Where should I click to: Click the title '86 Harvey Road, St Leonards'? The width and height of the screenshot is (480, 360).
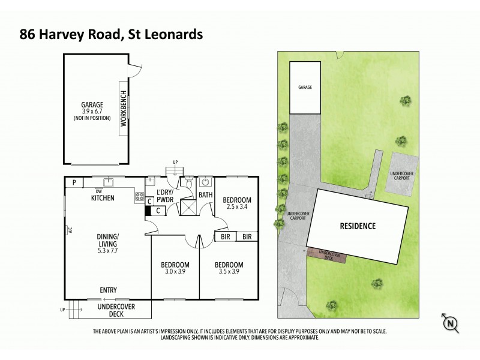point(110,34)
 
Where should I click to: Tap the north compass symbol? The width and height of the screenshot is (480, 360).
point(451,323)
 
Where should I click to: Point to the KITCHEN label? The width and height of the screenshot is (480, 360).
point(103,197)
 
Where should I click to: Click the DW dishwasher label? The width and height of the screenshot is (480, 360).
point(98,191)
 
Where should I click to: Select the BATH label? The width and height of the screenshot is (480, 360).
point(206,195)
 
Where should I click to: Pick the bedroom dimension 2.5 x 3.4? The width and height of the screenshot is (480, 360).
point(237,208)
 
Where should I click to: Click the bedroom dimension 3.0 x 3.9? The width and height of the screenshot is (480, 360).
point(175,272)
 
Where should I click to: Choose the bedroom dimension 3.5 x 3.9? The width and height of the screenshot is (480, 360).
point(230,272)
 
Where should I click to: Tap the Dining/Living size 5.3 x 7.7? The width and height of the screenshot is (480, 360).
point(110,250)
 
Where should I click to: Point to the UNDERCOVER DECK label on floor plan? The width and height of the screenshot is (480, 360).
point(116,310)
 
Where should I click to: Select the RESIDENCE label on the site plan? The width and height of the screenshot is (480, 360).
point(358,226)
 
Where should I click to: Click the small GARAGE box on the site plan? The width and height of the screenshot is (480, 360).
point(305,88)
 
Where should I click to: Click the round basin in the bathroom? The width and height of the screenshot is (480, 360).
point(205,181)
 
